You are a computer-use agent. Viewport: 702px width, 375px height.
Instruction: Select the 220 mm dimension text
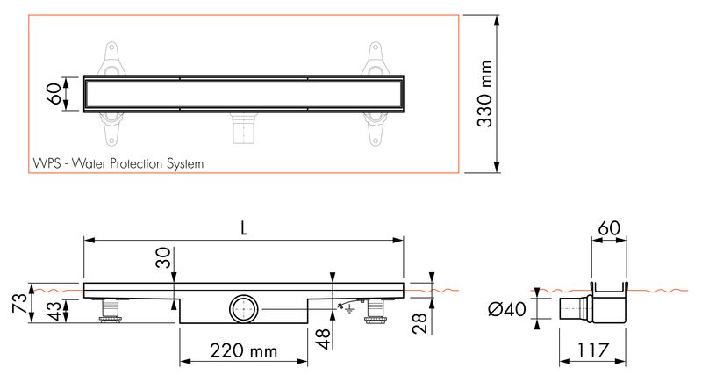pyautogui.click(x=244, y=350)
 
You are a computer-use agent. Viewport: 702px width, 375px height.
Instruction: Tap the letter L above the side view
pyautogui.click(x=244, y=229)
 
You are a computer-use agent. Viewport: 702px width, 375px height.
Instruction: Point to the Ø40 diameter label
pyautogui.click(x=507, y=309)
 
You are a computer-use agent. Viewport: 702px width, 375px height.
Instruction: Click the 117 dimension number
pyautogui.click(x=592, y=350)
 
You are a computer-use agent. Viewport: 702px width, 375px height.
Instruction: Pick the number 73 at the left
pyautogui.click(x=20, y=303)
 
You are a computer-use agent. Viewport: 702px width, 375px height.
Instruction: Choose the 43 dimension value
pyautogui.click(x=54, y=312)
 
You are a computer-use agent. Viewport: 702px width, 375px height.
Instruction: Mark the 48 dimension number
pyautogui.click(x=323, y=339)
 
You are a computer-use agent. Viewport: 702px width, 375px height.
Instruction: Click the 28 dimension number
pyautogui.click(x=420, y=324)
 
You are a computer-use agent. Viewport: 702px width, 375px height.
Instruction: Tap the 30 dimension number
pyautogui.click(x=164, y=257)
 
